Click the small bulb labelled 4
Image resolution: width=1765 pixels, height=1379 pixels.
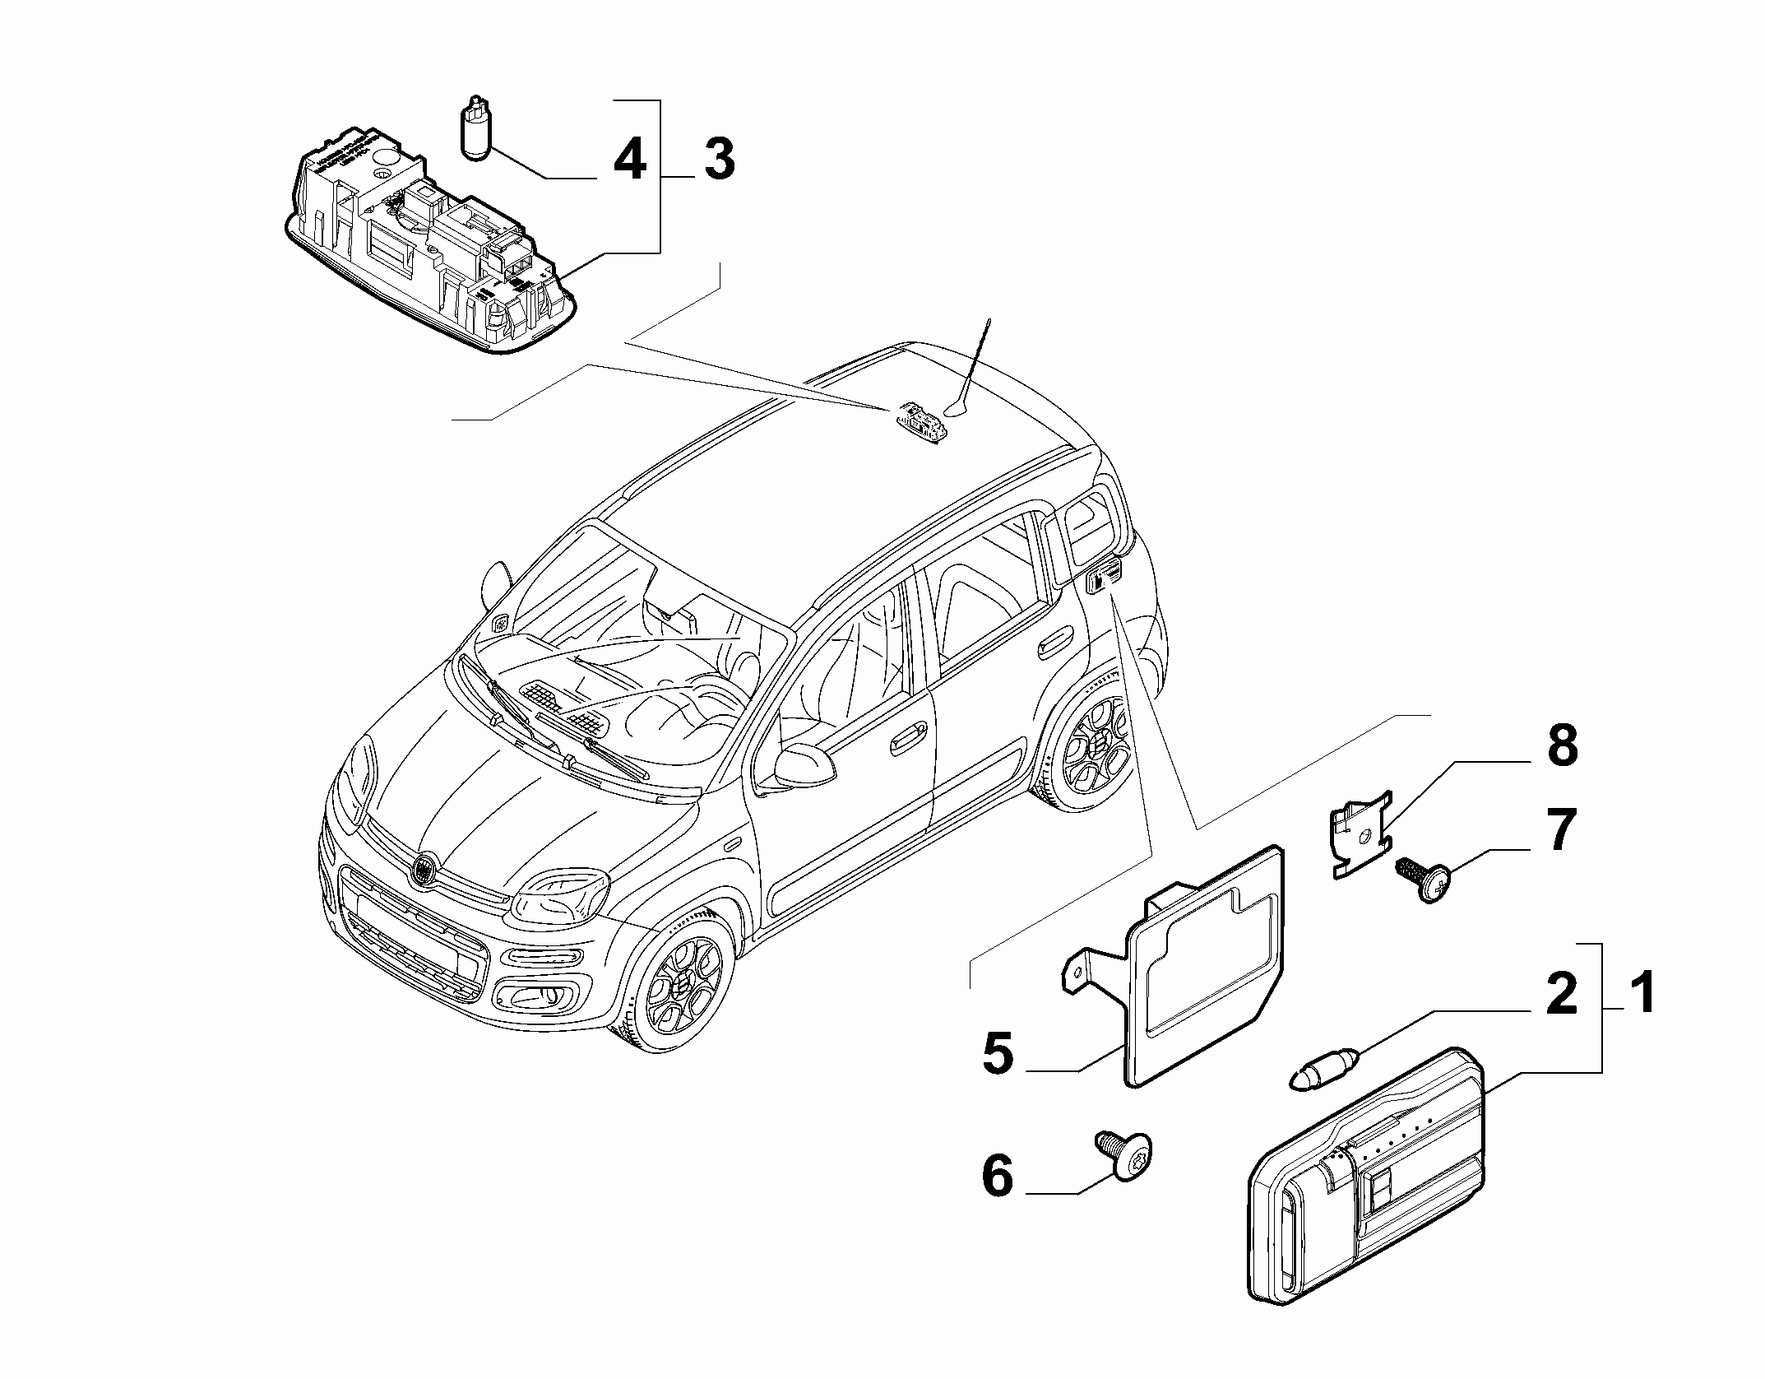click(x=473, y=130)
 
